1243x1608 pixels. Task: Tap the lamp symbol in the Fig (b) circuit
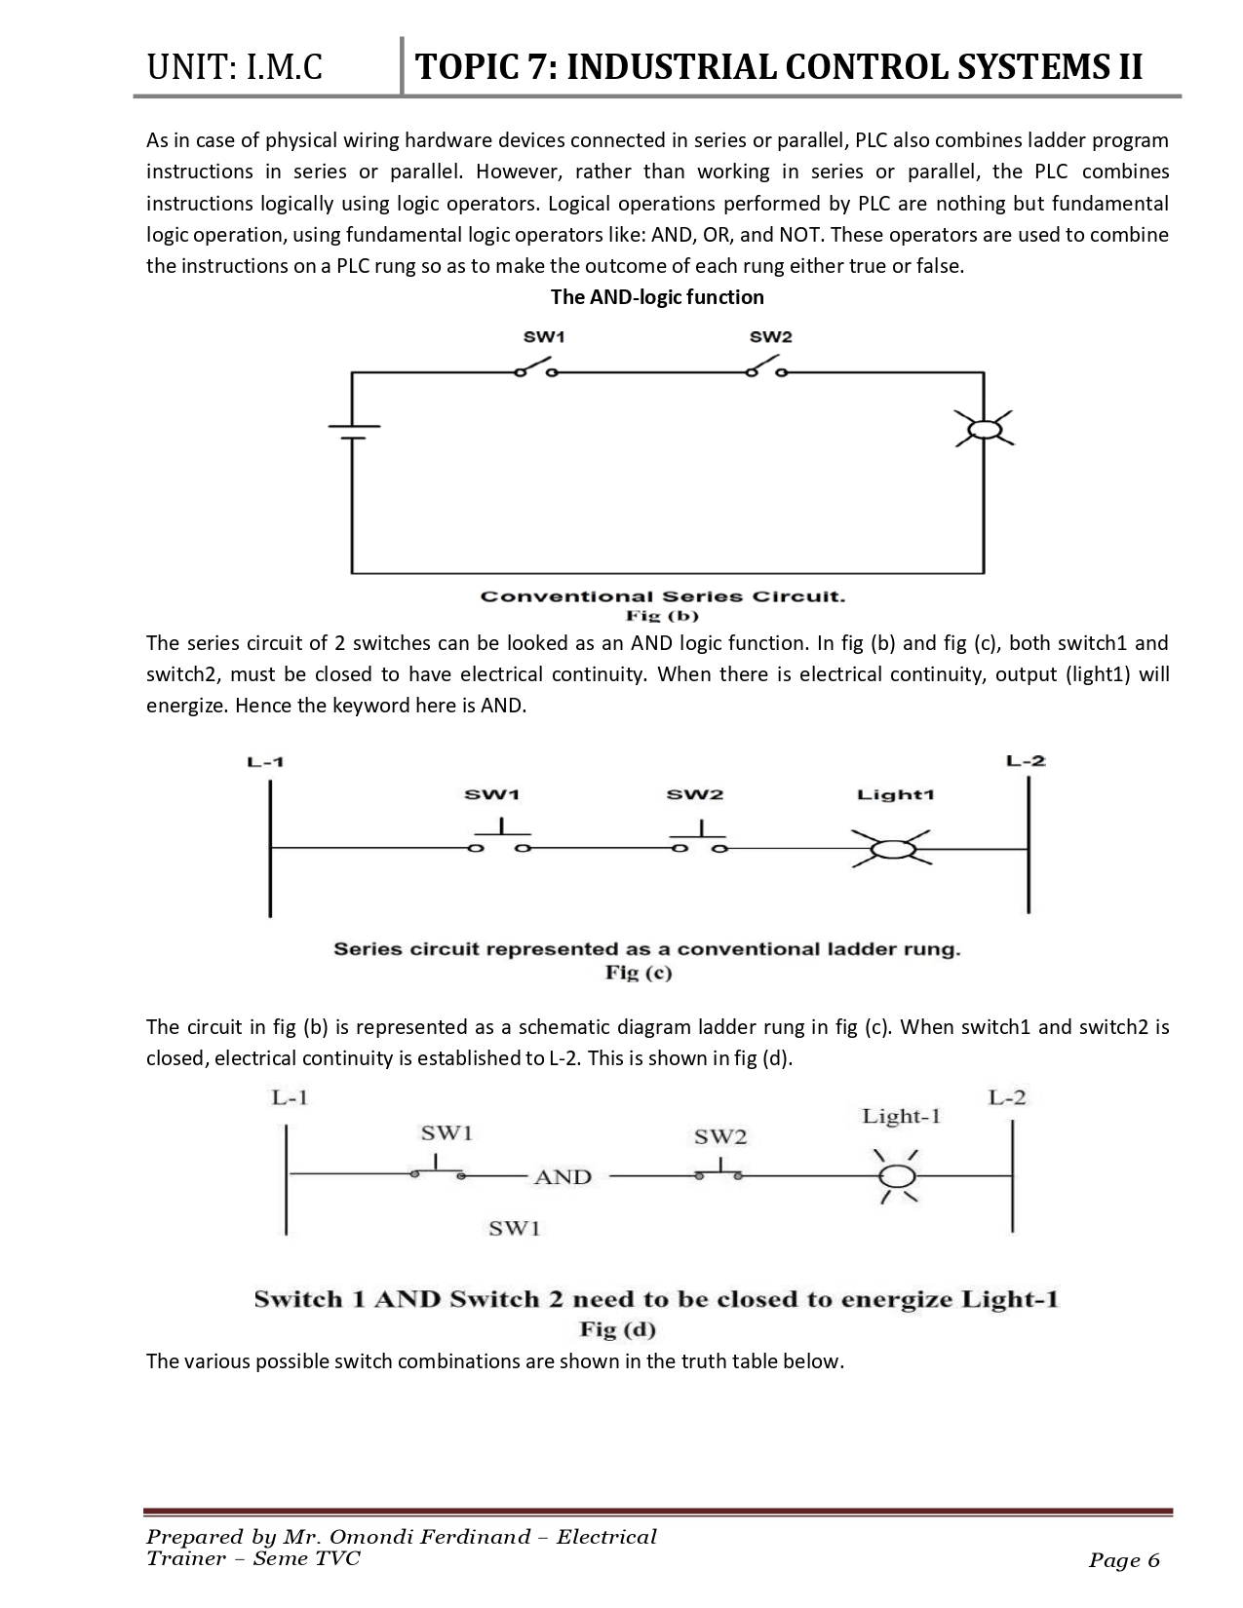(984, 429)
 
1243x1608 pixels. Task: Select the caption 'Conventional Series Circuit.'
(662, 596)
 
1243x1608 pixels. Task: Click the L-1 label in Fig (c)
(265, 761)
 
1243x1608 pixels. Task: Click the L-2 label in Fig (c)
(1026, 760)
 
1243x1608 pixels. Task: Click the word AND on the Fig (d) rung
(563, 1177)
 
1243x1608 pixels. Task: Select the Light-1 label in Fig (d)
(901, 1117)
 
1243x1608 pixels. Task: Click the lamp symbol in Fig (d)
(895, 1177)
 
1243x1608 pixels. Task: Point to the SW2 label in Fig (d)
(719, 1136)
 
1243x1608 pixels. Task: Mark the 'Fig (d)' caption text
(617, 1329)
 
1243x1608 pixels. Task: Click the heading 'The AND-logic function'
(657, 297)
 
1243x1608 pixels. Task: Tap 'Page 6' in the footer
(1124, 1561)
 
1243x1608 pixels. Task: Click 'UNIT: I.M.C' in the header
(234, 68)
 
